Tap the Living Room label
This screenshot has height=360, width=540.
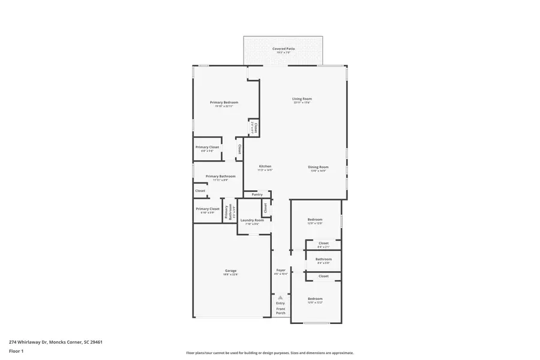click(x=302, y=99)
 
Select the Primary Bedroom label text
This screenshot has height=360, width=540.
click(x=224, y=103)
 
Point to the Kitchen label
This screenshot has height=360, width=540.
click(x=265, y=166)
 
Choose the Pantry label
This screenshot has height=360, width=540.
click(x=257, y=194)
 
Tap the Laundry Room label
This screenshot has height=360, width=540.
click(x=252, y=220)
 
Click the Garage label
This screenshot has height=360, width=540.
click(x=231, y=271)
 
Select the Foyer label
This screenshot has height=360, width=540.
click(x=281, y=271)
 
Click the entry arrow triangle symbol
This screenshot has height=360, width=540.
click(x=280, y=297)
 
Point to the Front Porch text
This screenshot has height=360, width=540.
click(x=280, y=311)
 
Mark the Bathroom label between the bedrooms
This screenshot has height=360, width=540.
click(x=323, y=259)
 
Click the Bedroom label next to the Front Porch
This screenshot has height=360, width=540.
click(x=315, y=299)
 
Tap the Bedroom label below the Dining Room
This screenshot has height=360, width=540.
click(x=315, y=220)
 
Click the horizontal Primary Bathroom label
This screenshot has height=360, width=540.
click(x=220, y=176)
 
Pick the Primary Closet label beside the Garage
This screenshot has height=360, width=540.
click(x=207, y=209)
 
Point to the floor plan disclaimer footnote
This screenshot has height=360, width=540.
click(x=269, y=353)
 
